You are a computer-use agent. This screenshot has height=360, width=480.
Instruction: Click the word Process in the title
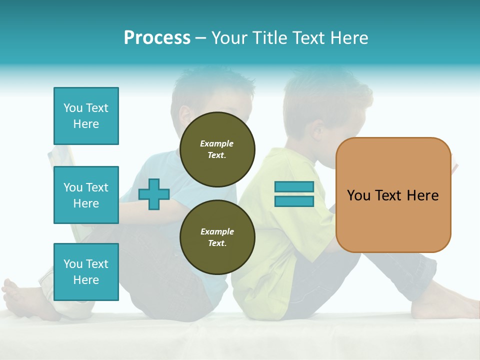pos(157,38)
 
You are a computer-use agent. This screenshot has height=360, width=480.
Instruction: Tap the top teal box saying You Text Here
pos(86,116)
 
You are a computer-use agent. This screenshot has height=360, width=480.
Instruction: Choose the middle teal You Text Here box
pos(86,195)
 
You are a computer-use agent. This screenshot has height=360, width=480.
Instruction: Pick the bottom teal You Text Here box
pos(86,272)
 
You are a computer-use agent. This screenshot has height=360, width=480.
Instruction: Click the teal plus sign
pos(154,194)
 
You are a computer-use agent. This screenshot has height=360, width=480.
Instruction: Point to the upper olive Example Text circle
pos(217,149)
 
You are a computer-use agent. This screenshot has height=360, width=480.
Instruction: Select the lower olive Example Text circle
pos(217,237)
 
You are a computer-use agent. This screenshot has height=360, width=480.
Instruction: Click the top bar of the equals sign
pos(294,187)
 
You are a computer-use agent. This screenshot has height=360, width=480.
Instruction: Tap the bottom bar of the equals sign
pos(294,201)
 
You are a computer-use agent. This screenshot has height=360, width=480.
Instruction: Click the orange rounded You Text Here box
pos(393,195)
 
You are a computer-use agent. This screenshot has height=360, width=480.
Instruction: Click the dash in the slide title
pos(201,38)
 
